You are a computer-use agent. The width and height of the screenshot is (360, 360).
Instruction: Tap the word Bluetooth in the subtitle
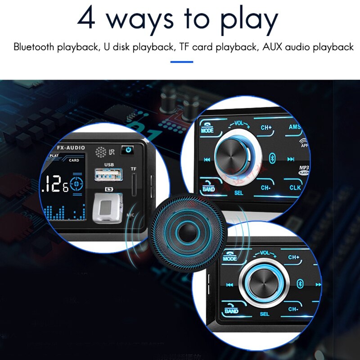point(33,47)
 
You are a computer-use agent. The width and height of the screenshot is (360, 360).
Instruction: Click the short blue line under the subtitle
point(182,62)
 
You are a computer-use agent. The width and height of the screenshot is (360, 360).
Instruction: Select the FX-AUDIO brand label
point(71,148)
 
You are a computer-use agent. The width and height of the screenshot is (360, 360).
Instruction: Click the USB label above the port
point(110,165)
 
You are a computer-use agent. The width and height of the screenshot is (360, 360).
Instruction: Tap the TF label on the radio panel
point(133,169)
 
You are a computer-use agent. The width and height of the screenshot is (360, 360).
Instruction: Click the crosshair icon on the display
point(77,184)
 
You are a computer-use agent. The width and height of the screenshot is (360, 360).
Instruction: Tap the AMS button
point(294,127)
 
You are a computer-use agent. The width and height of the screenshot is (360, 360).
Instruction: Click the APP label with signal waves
point(305,144)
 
